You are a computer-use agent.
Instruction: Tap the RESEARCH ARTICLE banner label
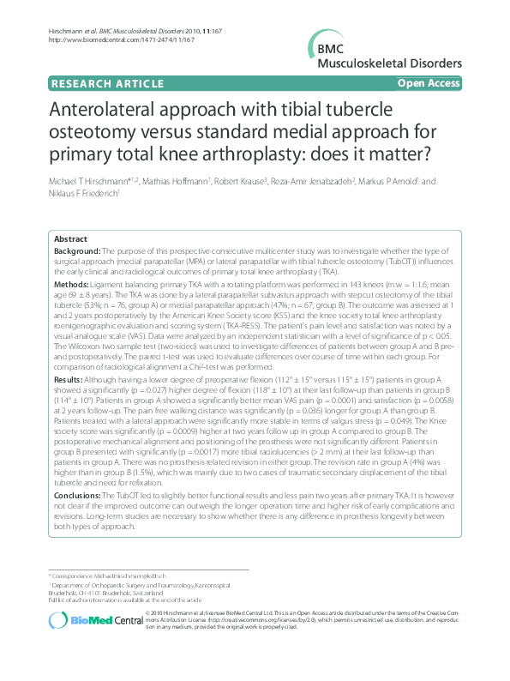tap(107, 83)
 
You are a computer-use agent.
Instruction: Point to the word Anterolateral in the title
tap(119, 112)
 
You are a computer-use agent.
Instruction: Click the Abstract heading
tap(70, 238)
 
